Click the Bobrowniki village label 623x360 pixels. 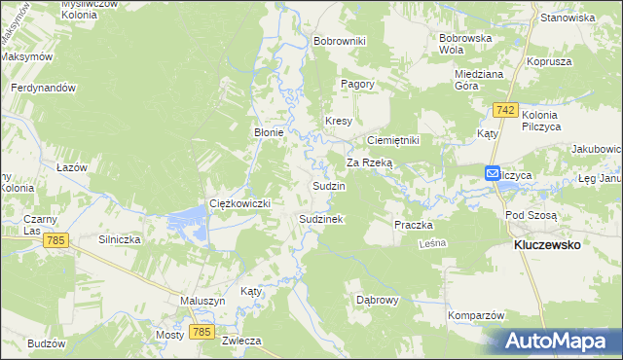coord(339,41)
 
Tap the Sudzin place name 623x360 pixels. coord(328,185)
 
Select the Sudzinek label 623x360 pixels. coord(320,220)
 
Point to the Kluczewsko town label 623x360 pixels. coord(546,245)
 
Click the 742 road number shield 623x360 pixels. coord(504,110)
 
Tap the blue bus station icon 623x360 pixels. coord(495,174)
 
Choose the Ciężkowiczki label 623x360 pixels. coord(239,202)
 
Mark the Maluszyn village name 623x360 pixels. coord(202,301)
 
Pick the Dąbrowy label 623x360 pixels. coord(378,300)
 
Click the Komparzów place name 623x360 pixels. coord(476,315)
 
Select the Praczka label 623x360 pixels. coord(413,225)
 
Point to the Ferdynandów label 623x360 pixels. coord(43,88)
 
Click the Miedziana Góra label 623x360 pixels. coord(478,79)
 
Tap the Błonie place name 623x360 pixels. coord(269,133)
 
